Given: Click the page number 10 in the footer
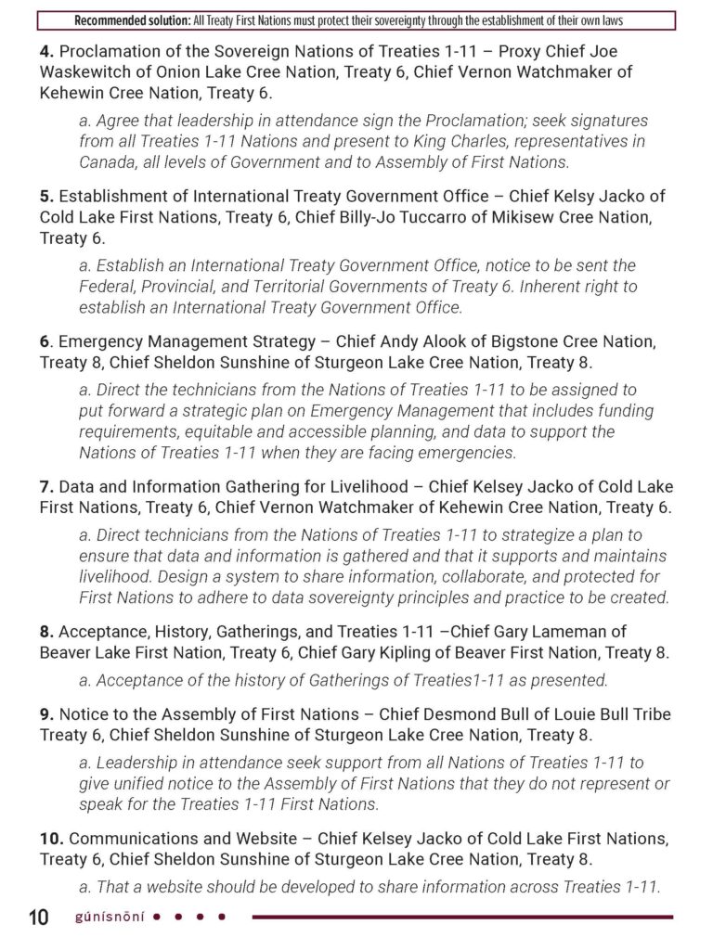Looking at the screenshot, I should click(x=38, y=918).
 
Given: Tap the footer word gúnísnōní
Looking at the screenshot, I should click(x=110, y=918).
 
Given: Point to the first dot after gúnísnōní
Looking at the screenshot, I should click(x=156, y=918).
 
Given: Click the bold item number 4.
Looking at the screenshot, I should click(x=45, y=52).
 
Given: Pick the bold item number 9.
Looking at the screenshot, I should click(x=45, y=714).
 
